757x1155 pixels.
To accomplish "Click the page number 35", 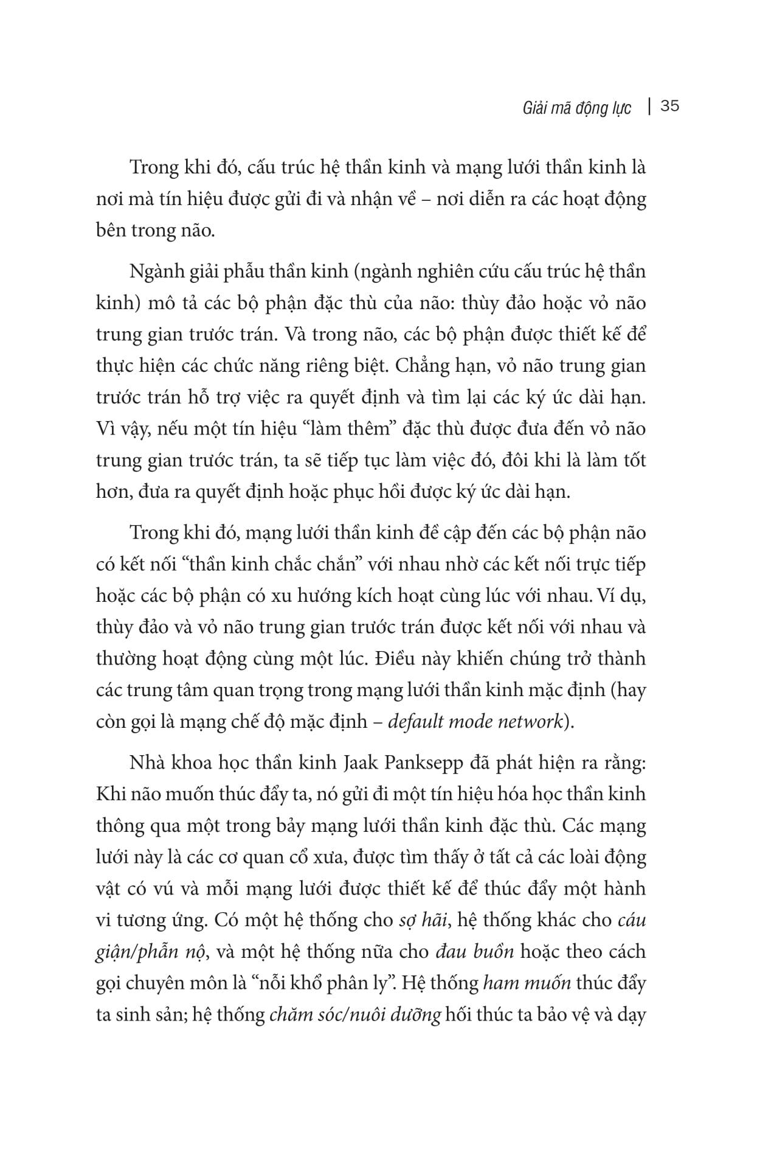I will tap(669, 106).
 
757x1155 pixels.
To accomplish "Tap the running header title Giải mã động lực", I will tap(576, 108).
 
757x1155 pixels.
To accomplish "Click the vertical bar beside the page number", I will tap(650, 106).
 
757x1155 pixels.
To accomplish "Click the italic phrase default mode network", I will tap(474, 722).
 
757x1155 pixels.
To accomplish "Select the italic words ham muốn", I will tap(527, 983).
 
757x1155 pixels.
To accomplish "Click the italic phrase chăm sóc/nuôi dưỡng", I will tap(355, 1014).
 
